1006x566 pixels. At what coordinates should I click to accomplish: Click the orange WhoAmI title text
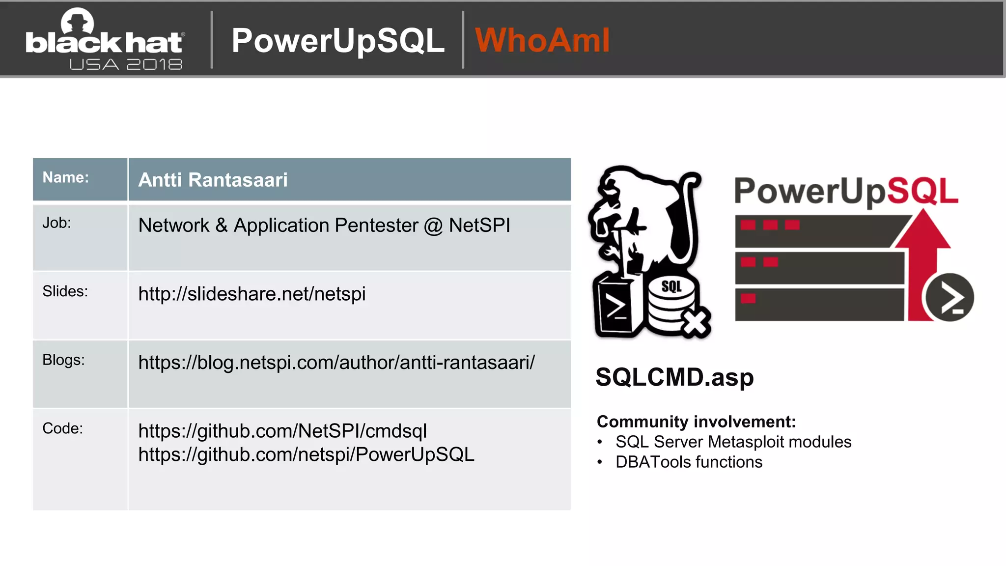click(542, 40)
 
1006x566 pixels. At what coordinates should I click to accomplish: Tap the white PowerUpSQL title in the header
click(338, 40)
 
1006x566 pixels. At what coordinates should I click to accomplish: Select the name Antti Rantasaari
click(213, 180)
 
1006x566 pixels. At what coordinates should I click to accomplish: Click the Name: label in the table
click(66, 177)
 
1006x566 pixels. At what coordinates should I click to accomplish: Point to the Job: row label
click(57, 223)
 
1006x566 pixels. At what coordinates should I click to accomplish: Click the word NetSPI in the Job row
click(479, 226)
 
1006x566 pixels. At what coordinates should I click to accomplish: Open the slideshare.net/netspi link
click(251, 294)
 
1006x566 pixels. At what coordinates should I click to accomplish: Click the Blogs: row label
click(63, 360)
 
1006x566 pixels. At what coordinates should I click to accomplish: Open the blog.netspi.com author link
click(336, 363)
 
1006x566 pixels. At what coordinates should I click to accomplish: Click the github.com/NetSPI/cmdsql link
click(282, 431)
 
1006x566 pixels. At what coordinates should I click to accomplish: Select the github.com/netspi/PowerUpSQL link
click(306, 454)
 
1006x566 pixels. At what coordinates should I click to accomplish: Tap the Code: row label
click(62, 428)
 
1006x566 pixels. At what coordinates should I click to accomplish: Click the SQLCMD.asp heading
click(674, 377)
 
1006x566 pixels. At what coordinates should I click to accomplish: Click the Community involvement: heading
click(696, 422)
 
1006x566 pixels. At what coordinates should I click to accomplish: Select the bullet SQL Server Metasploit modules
click(733, 442)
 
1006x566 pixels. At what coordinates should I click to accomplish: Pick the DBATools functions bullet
click(689, 462)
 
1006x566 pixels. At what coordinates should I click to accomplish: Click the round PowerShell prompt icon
click(950, 297)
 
